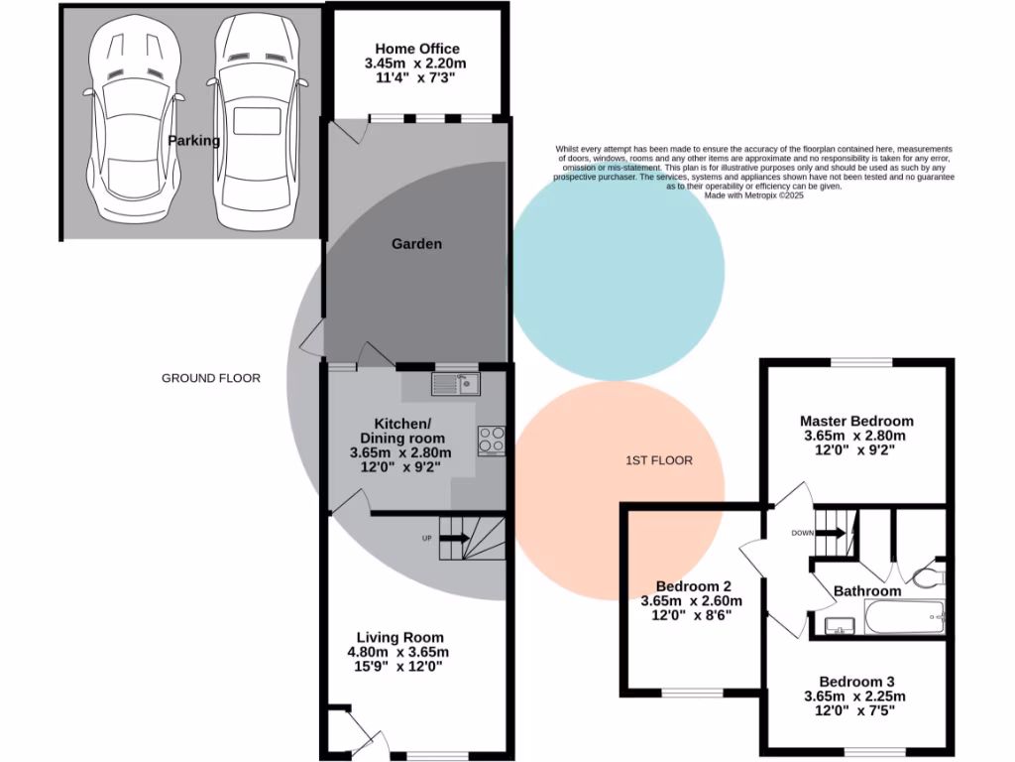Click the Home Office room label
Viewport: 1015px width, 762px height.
click(x=416, y=49)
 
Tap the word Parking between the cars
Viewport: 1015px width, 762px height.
click(x=193, y=141)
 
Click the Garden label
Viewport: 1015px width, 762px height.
click(x=416, y=244)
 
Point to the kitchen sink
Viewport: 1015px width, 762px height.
click(x=455, y=383)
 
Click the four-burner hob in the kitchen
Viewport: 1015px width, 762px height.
click(x=492, y=439)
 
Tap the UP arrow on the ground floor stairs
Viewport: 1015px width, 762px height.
click(x=454, y=538)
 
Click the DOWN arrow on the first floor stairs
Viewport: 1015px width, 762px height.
click(x=832, y=533)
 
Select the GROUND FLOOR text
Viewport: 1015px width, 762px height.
click(x=211, y=378)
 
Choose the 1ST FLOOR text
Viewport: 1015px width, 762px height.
click(x=658, y=460)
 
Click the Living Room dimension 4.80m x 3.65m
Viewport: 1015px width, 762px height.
click(x=397, y=652)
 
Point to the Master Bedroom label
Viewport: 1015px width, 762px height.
click(x=856, y=421)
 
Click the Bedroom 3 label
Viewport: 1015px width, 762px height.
click(x=856, y=682)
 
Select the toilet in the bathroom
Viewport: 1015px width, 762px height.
click(x=928, y=575)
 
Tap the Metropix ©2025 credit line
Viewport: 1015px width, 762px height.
click(x=753, y=196)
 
